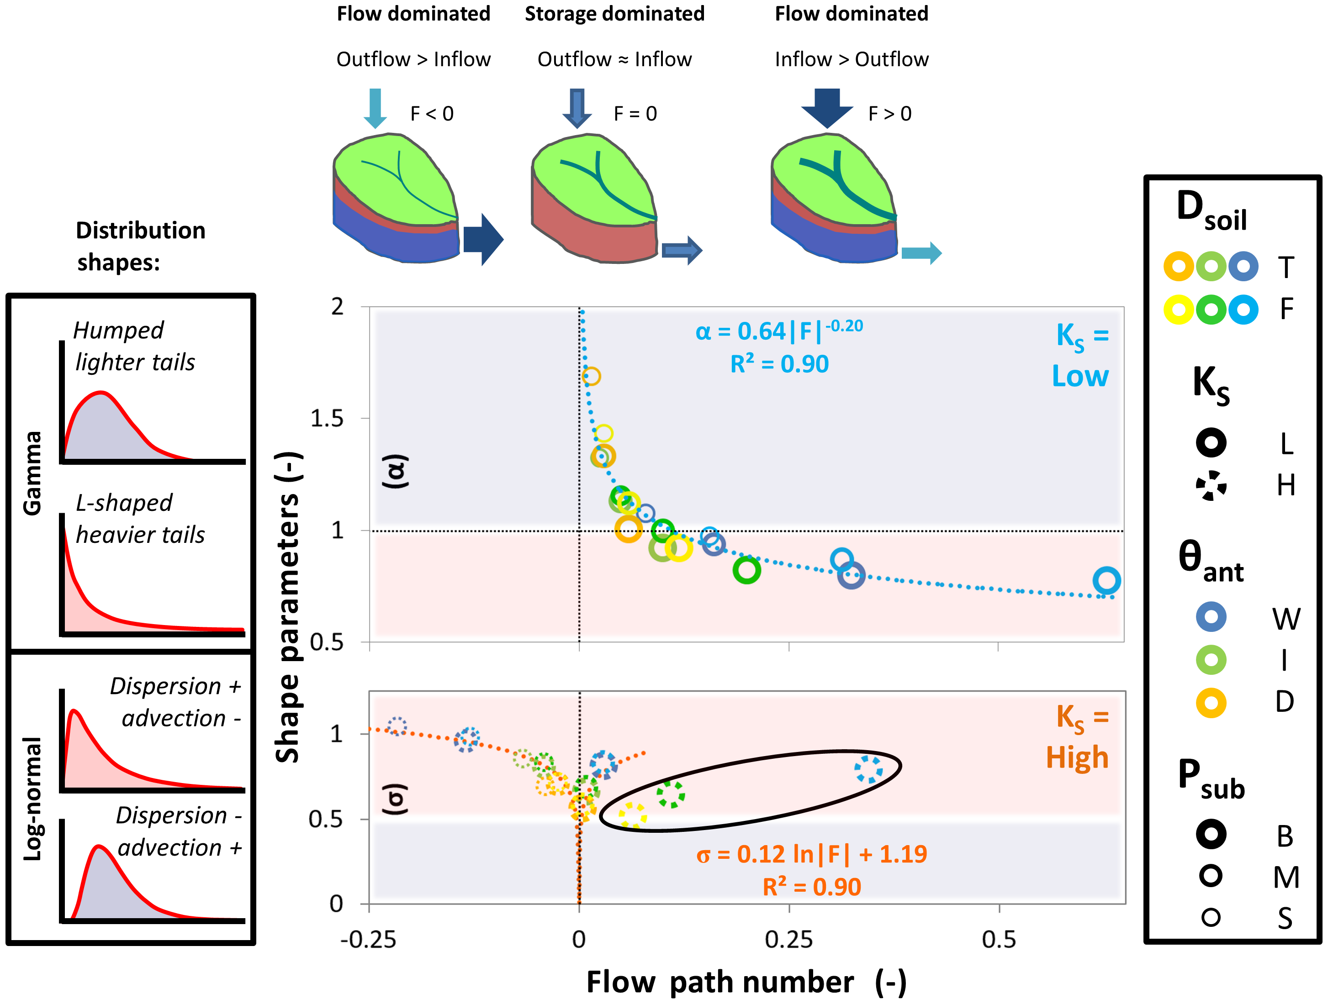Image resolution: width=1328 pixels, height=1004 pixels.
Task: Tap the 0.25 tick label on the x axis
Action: click(x=788, y=940)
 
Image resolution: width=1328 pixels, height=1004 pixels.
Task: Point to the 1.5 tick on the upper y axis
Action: click(x=327, y=418)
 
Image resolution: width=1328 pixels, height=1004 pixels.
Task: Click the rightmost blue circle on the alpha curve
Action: click(x=1106, y=580)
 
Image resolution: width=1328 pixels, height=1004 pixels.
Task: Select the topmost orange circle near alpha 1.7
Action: click(x=591, y=376)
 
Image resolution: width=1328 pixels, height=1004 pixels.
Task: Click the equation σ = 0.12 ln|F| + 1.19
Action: click(x=812, y=854)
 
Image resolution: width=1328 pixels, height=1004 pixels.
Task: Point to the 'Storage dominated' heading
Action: click(x=614, y=14)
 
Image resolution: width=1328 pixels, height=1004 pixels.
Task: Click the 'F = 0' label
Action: click(x=635, y=113)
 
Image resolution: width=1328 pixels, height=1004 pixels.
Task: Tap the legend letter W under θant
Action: click(x=1286, y=619)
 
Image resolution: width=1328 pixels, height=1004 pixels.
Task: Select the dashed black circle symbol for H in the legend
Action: click(x=1211, y=485)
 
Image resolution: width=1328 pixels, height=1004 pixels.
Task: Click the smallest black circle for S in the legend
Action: click(x=1211, y=917)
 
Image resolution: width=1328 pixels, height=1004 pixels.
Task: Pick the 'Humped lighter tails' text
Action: click(x=134, y=346)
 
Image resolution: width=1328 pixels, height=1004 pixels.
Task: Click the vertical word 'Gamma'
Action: click(x=32, y=473)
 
